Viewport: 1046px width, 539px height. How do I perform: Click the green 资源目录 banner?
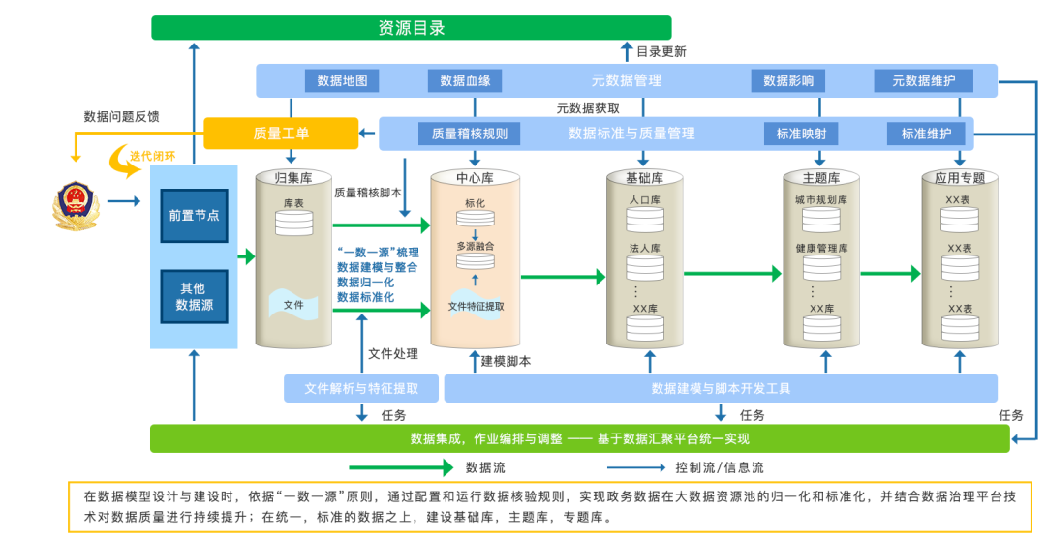(411, 28)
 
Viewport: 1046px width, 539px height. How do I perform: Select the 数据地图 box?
(342, 80)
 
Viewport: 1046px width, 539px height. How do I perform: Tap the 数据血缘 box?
(465, 80)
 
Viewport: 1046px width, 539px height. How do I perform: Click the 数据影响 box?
(788, 80)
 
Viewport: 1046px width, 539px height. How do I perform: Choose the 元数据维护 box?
(923, 80)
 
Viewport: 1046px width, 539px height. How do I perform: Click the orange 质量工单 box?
(281, 134)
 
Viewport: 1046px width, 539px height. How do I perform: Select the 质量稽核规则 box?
(469, 134)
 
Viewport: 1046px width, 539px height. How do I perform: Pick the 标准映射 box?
(801, 134)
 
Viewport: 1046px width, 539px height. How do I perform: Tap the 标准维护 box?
(926, 134)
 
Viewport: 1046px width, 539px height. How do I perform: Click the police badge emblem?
(75, 203)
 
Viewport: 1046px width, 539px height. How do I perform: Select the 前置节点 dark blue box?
(194, 215)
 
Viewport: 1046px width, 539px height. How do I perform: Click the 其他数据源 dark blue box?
(194, 296)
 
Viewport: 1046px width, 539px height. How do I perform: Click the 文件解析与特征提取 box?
(361, 388)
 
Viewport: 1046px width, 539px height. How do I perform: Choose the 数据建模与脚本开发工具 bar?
(721, 388)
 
